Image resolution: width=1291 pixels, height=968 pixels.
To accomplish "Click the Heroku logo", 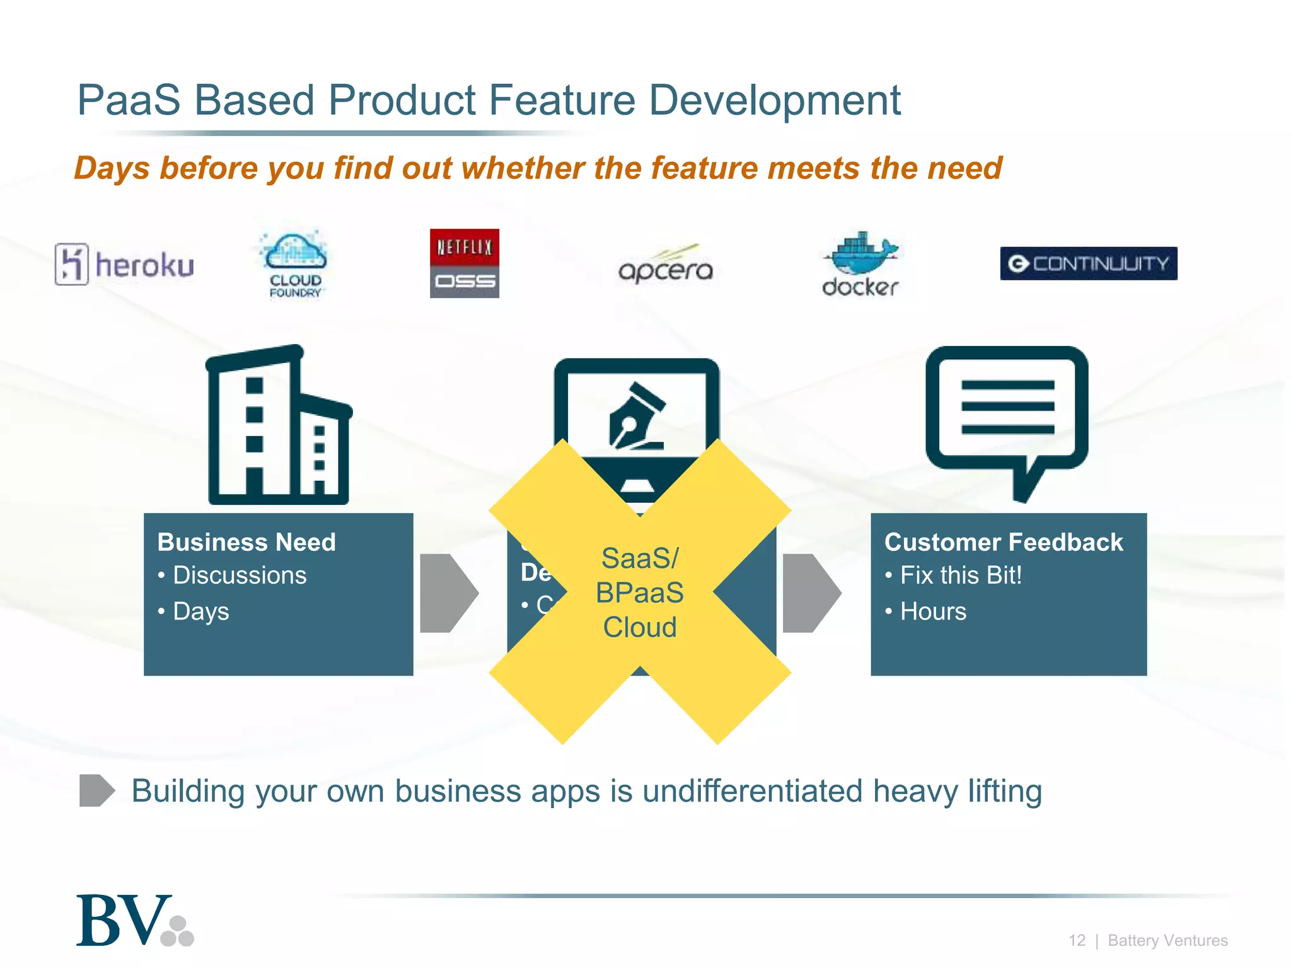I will [x=124, y=264].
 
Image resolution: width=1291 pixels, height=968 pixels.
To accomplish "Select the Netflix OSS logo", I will [x=465, y=263].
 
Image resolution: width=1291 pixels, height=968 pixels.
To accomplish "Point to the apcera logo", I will [x=666, y=265].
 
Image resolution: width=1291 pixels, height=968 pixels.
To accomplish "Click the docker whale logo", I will [x=860, y=263].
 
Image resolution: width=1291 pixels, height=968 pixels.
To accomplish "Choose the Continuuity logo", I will [x=1088, y=263].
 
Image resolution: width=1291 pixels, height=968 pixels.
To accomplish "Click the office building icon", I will [x=278, y=425].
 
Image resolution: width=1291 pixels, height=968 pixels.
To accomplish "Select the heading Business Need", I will [x=246, y=542].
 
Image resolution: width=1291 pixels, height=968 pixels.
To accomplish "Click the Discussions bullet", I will [x=240, y=575].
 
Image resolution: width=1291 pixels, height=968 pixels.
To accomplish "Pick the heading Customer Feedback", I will [x=1004, y=542].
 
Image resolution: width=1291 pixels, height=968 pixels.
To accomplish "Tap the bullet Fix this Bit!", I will [x=960, y=575].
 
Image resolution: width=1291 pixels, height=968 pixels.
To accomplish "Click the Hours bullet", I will [x=933, y=611].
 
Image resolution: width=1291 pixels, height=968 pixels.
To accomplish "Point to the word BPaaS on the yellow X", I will [x=640, y=593].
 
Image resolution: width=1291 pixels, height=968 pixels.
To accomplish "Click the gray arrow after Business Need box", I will [x=448, y=593].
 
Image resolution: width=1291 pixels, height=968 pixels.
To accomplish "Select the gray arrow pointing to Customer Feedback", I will [x=811, y=593].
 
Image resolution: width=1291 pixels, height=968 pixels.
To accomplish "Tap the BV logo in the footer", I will [x=134, y=921].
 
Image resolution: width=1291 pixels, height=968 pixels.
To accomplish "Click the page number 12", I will [x=1077, y=940].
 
